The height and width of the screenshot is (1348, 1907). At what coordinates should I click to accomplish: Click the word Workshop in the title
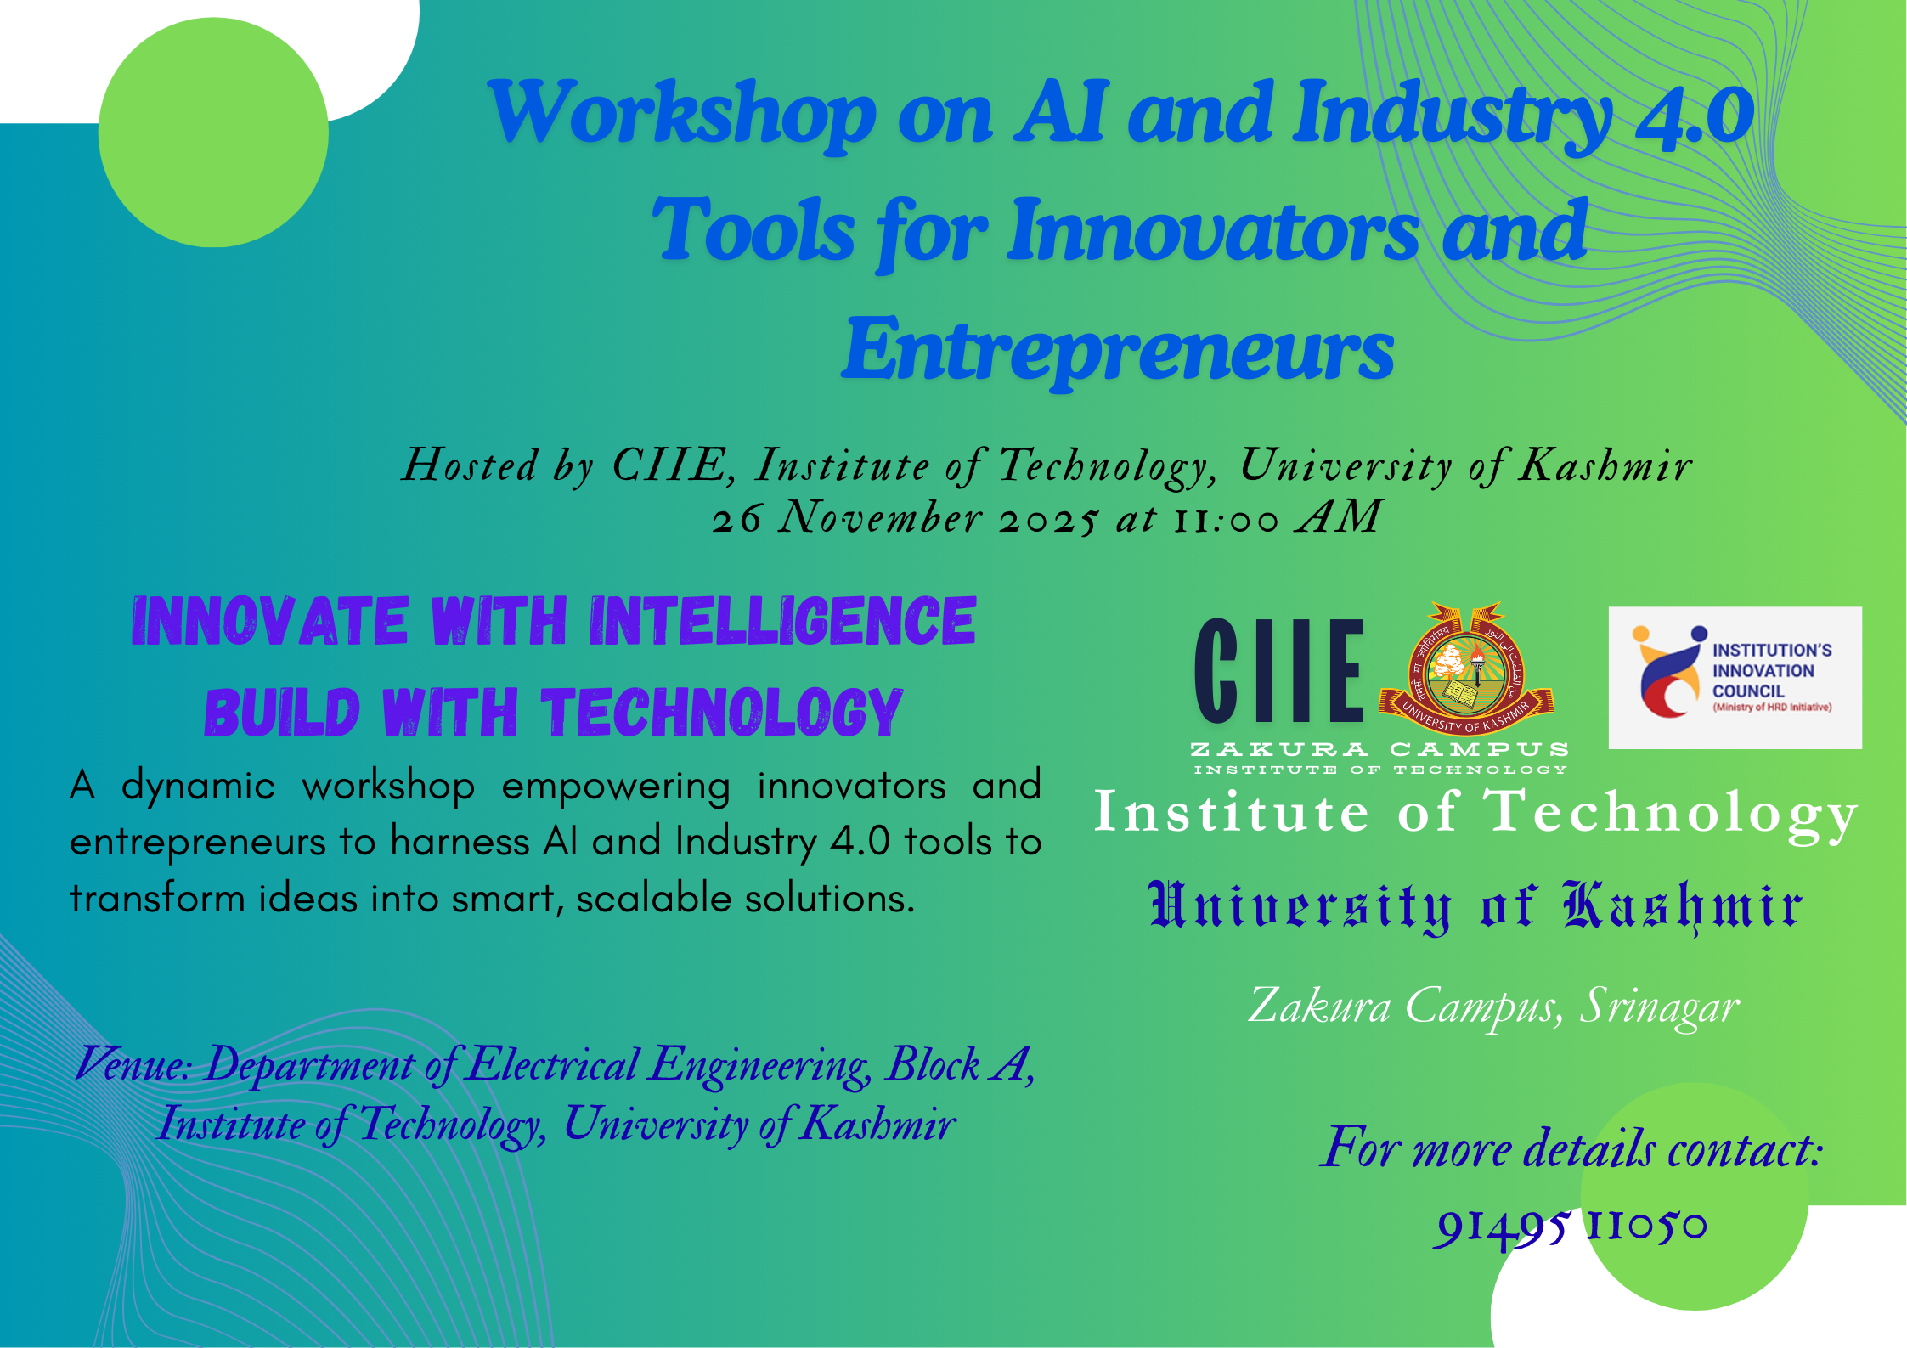tap(681, 115)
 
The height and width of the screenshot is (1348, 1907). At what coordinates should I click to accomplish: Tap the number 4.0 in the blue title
tap(1695, 115)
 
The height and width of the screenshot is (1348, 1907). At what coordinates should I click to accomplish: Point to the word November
tap(880, 517)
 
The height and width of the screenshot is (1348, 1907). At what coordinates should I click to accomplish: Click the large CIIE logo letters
tap(1279, 671)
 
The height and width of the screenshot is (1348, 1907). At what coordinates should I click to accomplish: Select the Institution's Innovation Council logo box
tap(1735, 677)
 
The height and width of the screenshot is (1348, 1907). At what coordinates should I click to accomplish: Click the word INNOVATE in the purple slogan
tap(270, 622)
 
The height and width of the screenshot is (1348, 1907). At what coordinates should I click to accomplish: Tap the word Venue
tap(133, 1064)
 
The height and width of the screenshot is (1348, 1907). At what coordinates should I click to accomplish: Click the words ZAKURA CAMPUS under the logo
tap(1379, 749)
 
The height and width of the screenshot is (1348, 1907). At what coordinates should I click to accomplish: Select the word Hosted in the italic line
tap(470, 465)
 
